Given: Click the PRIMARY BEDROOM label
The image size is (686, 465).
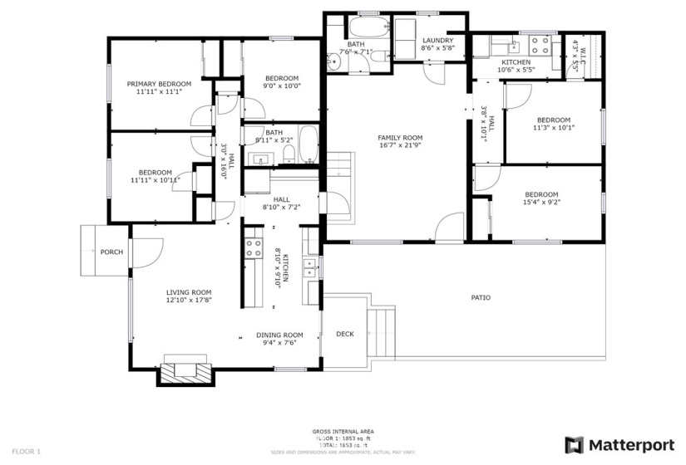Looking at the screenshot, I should point(158,84).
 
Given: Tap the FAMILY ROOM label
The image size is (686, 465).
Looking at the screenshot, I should point(400,138).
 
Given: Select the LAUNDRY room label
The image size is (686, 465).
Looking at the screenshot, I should point(437,40).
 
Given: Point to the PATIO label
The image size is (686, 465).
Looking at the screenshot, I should point(481,296).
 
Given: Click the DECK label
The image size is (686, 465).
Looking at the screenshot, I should point(344,334).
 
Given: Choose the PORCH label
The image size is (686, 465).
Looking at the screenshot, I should point(111,252).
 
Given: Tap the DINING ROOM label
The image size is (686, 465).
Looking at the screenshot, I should point(279,335).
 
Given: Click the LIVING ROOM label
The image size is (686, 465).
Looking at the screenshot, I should point(189,292).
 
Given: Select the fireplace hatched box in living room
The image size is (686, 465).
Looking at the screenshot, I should point(185,371).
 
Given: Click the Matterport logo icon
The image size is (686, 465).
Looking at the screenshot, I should point(575,445).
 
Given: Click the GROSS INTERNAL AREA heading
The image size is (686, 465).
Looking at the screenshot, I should point(343,432).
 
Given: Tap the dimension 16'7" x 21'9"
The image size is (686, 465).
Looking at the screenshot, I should point(400,146).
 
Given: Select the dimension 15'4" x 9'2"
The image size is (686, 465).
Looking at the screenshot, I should point(540,202).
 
